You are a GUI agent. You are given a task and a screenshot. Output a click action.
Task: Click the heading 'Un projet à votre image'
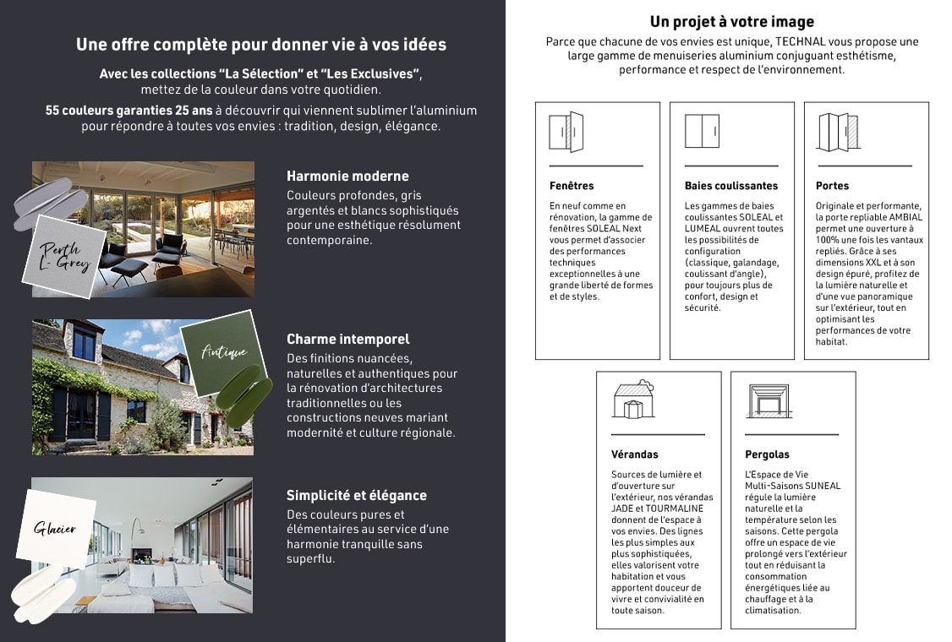tap(732, 22)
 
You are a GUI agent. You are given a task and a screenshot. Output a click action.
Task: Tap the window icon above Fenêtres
tap(566, 132)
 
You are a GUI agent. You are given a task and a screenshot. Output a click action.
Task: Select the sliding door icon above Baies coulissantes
tap(702, 132)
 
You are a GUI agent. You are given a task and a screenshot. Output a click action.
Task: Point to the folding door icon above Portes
tap(837, 132)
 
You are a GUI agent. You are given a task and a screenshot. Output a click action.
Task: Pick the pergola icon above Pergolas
tap(768, 400)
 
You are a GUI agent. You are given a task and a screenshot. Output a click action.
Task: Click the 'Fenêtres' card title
tap(572, 186)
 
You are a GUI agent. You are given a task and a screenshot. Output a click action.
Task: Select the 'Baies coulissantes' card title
tap(731, 186)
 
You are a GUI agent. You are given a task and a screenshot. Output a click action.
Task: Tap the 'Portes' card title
tap(832, 186)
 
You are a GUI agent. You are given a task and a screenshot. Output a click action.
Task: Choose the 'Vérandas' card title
tap(634, 454)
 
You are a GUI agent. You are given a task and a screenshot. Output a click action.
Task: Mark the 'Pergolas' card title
tap(767, 454)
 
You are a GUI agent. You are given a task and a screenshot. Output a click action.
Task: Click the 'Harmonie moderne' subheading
tap(347, 177)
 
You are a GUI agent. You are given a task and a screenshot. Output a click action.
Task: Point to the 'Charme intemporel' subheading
tap(347, 339)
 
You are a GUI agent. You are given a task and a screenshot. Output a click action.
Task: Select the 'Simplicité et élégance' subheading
tap(357, 496)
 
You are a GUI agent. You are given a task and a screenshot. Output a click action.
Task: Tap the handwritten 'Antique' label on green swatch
tap(224, 351)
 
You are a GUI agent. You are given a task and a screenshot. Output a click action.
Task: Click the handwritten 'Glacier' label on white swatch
tap(55, 529)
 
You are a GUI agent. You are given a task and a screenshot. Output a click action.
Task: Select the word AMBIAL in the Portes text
tap(906, 218)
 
